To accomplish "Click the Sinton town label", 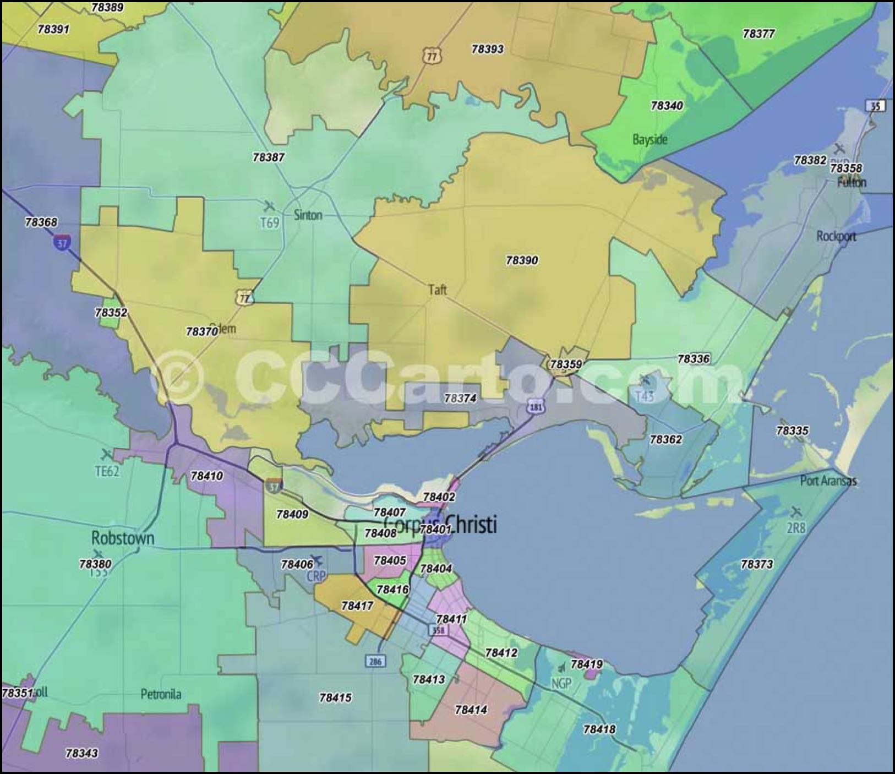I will coord(308,215).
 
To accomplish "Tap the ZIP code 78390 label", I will coord(522,260).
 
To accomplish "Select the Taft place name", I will coord(438,290).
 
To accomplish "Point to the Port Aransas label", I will coord(828,481).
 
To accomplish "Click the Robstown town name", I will coord(123,538).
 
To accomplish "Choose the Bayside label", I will coord(650,139).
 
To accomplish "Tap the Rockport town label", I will coord(836,236).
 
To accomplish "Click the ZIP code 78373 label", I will coord(756,564).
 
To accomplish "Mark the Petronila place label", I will coord(161,694).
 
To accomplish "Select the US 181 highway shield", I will coord(536,407).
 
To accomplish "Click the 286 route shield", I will coord(375,661).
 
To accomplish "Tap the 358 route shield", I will coord(438,630).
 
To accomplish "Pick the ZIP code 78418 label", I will coord(599,729).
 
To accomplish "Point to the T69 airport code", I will coord(270,223).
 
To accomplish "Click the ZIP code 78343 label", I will coord(81,753).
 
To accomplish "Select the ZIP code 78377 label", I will coord(758,34).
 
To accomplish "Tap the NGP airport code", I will coord(561,683).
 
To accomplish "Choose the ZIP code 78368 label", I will coord(41,222).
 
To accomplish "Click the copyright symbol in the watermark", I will coord(177,379).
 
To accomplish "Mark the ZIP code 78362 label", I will coord(665,439).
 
